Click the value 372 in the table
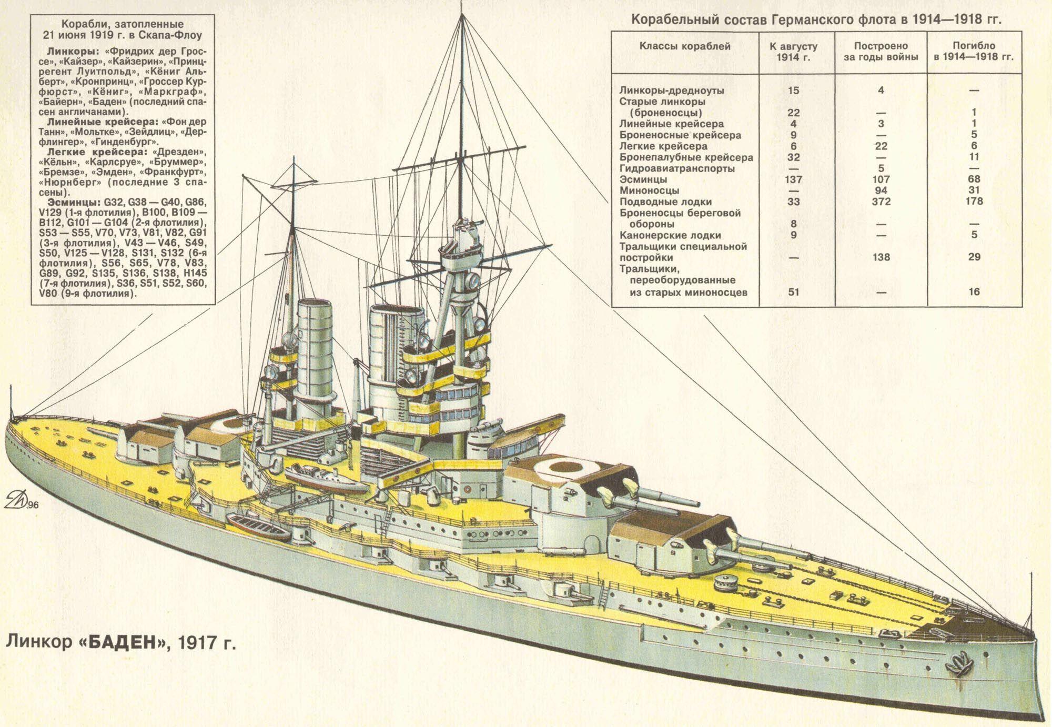(x=881, y=201)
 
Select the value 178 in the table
(x=974, y=201)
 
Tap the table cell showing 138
(x=881, y=257)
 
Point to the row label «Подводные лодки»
(x=665, y=202)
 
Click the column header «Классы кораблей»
(x=685, y=46)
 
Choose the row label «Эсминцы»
(x=643, y=179)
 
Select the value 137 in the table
(x=793, y=179)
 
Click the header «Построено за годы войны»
(x=881, y=52)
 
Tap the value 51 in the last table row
(x=793, y=291)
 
